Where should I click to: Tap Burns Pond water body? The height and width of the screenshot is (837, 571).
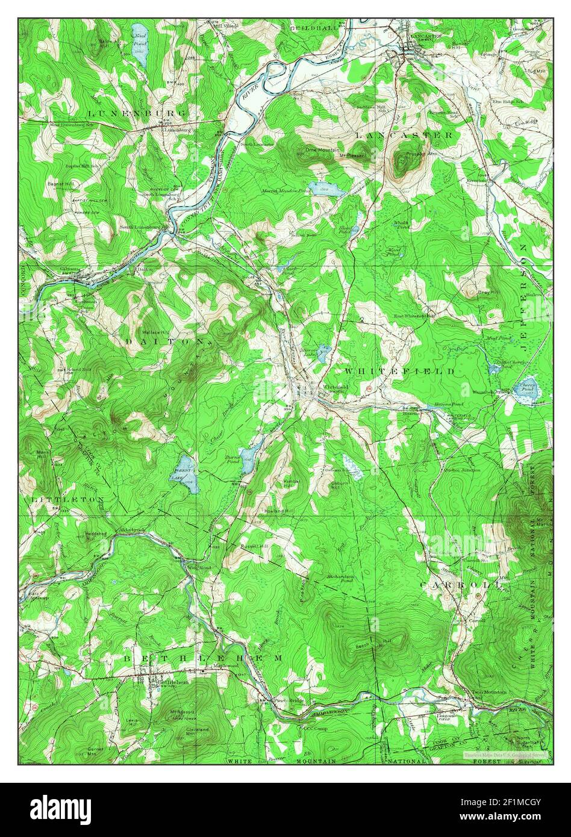pyautogui.click(x=248, y=459)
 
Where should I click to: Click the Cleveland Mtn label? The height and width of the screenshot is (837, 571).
pyautogui.click(x=197, y=730)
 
